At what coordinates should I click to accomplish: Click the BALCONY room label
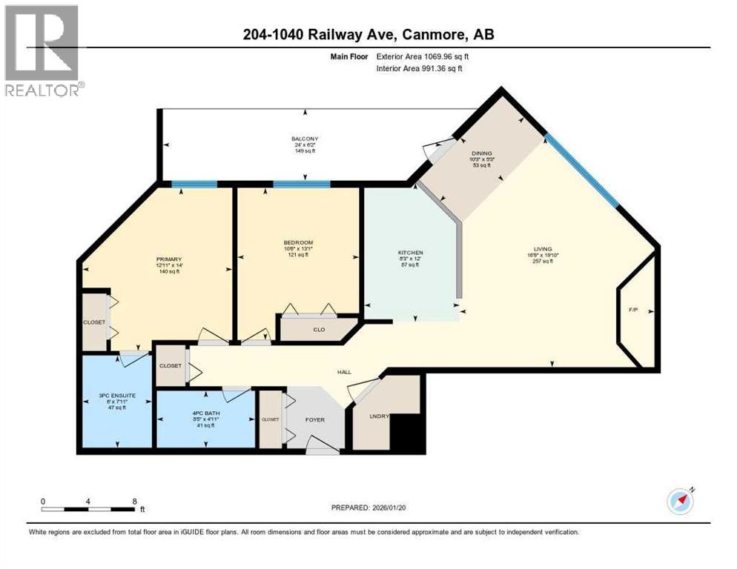click(x=305, y=139)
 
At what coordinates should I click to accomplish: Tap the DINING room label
click(x=480, y=153)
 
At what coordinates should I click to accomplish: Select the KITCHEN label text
click(x=410, y=253)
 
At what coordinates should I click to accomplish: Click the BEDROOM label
click(x=298, y=242)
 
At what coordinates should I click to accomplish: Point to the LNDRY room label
click(x=379, y=417)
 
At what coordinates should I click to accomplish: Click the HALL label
click(x=343, y=373)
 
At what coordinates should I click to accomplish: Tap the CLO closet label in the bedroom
click(x=318, y=330)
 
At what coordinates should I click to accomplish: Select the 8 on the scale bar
click(x=133, y=501)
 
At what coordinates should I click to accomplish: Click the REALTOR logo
click(x=42, y=51)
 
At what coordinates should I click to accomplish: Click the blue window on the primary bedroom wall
click(x=194, y=184)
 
